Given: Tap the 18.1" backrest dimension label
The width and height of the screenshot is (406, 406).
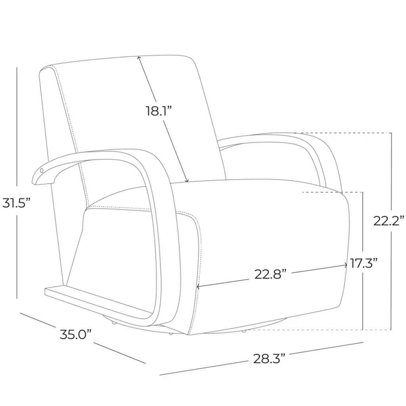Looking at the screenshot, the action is [x=159, y=111].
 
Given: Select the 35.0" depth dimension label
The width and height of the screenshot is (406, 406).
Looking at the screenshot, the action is [x=76, y=335].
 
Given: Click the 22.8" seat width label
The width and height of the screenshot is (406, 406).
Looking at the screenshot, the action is [x=270, y=274].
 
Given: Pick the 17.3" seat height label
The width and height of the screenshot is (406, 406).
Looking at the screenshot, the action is [x=364, y=263].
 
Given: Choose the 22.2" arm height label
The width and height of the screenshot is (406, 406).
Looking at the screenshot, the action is [x=389, y=221].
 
